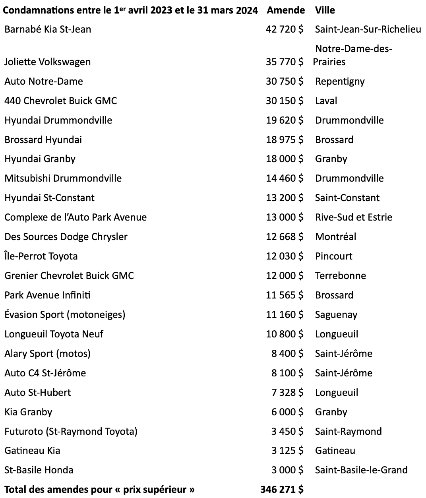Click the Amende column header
pos(286,10)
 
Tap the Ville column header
pos(325,10)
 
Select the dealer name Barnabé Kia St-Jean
pos(48,29)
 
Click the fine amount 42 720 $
pos(285,29)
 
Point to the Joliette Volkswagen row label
pos(48,62)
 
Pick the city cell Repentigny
pos(340,81)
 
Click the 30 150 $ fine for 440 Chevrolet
pos(285,101)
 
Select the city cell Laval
pos(326,101)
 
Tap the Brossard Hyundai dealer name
pos(43,140)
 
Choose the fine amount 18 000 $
pos(285,159)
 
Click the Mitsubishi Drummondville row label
pos(63,178)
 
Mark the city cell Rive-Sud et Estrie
pos(354,217)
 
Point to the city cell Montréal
pos(335,237)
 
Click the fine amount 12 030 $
pos(285,256)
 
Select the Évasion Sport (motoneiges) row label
pos(65,315)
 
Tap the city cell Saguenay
pos(336,315)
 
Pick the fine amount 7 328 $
pos(287,393)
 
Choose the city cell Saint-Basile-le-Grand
pos(361,470)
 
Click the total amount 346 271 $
pos(282,489)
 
